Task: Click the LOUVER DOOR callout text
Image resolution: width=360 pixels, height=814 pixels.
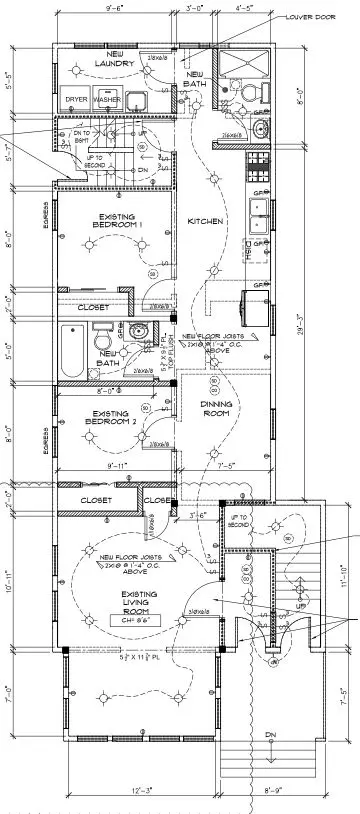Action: [311, 17]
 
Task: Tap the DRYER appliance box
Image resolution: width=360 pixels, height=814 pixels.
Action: [77, 100]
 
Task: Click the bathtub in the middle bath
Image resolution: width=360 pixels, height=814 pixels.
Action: [74, 351]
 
